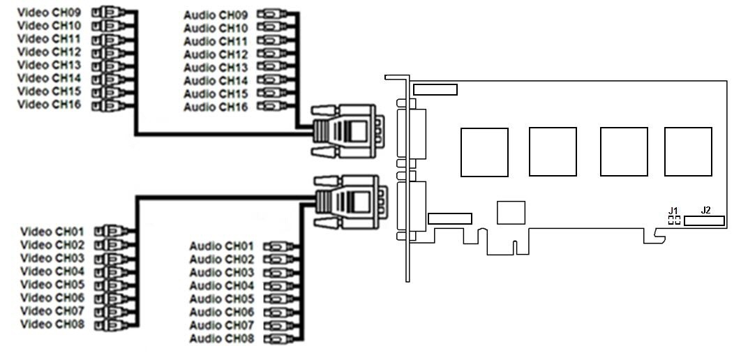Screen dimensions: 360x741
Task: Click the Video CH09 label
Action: [x=49, y=12]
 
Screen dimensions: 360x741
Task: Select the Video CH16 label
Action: [x=49, y=105]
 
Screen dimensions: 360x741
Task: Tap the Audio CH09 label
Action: [x=216, y=15]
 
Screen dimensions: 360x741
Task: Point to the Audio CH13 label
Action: [x=216, y=68]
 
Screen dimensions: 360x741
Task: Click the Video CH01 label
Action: [x=52, y=232]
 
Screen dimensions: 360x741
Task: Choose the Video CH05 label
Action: [x=52, y=285]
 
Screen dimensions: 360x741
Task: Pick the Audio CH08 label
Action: [x=221, y=339]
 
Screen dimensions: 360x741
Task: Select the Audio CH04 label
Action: [x=221, y=286]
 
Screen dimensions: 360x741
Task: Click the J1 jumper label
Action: [x=673, y=210]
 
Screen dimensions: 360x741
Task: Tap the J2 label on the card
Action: [x=706, y=210]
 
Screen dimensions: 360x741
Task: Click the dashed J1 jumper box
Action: [x=674, y=220]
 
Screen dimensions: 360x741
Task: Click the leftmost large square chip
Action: [x=484, y=152]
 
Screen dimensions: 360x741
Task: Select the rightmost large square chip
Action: [x=688, y=151]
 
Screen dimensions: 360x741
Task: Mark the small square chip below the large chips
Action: [x=511, y=212]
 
